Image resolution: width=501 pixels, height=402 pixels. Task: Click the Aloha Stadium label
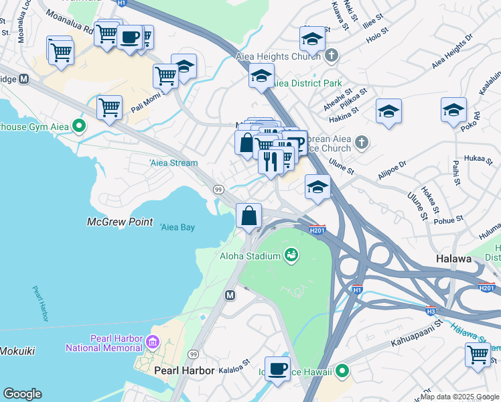tap(250, 255)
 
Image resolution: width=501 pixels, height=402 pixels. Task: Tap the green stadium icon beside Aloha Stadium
tap(291, 254)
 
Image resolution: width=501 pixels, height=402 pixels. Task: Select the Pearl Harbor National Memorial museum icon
tap(153, 342)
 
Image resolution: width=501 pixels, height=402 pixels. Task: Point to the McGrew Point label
tap(120, 222)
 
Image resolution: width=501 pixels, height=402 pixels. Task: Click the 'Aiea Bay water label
tap(177, 228)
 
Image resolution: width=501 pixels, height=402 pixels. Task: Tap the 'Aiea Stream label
tap(173, 163)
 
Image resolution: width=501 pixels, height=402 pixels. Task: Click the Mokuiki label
tap(17, 351)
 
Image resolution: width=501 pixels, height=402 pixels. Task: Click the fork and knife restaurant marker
tap(271, 161)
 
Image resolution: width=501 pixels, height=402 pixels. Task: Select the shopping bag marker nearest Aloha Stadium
tap(248, 216)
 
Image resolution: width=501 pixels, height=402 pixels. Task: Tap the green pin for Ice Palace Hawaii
tap(342, 370)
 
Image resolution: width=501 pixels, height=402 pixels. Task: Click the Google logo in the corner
tap(22, 394)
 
